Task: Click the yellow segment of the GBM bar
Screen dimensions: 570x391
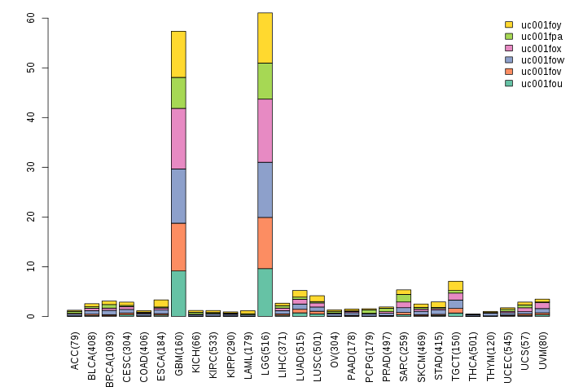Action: coord(178,55)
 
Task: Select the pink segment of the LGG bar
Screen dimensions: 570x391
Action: coord(265,130)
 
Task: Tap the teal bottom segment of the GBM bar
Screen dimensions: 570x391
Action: coord(178,293)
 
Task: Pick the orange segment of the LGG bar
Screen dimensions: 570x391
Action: coord(265,243)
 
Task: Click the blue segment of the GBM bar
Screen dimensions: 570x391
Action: coord(178,196)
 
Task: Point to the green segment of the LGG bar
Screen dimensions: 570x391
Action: coord(265,81)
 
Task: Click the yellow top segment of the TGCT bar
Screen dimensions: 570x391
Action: coord(455,286)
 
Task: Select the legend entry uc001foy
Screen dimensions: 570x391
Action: coord(533,24)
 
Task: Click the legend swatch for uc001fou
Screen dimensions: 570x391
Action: coord(509,83)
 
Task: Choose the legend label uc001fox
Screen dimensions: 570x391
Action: coord(541,48)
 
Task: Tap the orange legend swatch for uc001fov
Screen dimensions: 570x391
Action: coord(509,72)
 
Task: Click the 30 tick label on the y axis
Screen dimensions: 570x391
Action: coord(31,167)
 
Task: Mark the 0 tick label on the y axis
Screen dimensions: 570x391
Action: coord(31,316)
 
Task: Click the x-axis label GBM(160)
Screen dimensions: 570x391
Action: coord(178,352)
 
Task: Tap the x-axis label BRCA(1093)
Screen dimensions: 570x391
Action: coord(109,359)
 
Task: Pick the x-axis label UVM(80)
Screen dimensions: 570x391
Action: coord(542,350)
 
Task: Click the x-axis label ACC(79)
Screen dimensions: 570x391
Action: coord(75,350)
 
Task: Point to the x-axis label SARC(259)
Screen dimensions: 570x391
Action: coord(404,356)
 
